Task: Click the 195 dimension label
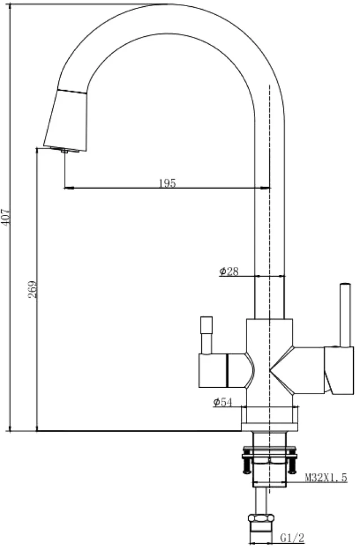167,183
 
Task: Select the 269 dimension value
33,289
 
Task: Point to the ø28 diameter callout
229,271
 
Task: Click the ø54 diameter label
222,403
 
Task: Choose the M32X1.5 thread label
325,477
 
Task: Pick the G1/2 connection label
293,537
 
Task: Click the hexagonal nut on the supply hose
261,518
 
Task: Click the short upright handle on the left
206,335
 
